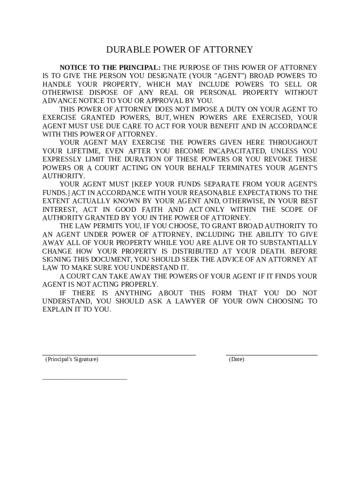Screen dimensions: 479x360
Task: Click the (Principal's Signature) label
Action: pos(72,359)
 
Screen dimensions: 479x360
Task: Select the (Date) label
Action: pos(237,359)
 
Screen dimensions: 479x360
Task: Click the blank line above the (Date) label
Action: pos(272,355)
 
